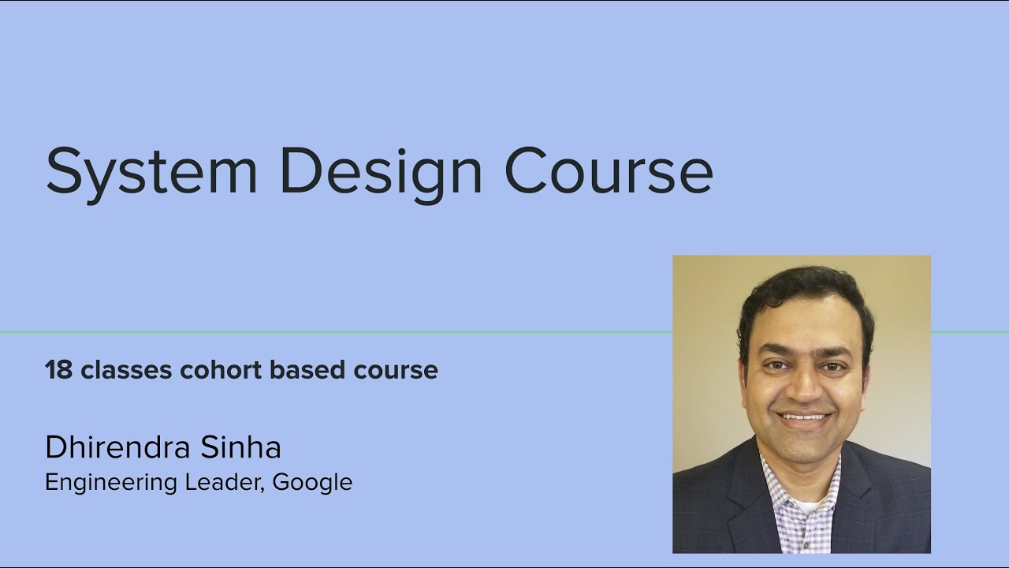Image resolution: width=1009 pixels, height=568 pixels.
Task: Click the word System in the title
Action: [x=151, y=174]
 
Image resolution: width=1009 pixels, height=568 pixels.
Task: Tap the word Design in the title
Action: [x=382, y=174]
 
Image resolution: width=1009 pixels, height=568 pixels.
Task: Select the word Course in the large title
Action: [x=609, y=170]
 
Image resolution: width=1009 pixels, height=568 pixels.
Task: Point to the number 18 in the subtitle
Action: [x=58, y=370]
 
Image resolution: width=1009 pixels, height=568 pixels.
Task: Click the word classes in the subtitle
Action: [x=126, y=370]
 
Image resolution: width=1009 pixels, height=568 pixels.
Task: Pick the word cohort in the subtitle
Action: [x=221, y=370]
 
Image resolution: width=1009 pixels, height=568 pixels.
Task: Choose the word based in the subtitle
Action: [x=307, y=370]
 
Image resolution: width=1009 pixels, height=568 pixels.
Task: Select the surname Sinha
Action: [x=240, y=447]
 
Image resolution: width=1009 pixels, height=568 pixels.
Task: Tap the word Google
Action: [x=312, y=483]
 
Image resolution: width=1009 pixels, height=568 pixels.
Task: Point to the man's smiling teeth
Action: [x=804, y=417]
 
